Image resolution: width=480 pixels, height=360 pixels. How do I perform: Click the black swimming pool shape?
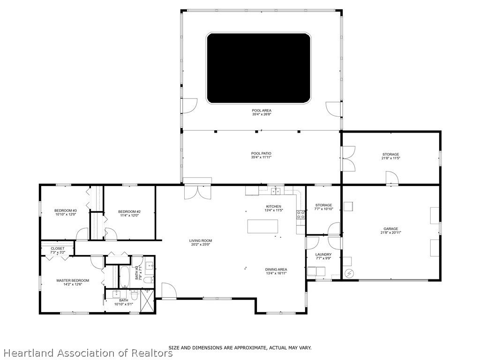click(x=258, y=68)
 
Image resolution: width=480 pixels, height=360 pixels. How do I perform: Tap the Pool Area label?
click(x=262, y=111)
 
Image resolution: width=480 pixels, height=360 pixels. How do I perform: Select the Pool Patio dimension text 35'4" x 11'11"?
click(x=262, y=157)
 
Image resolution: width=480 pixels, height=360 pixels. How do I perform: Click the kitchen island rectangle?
click(x=262, y=226)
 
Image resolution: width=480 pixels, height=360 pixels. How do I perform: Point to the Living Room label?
click(x=201, y=240)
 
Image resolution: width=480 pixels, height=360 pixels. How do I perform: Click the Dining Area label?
click(x=276, y=270)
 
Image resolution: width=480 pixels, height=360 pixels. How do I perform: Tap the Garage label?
click(x=391, y=229)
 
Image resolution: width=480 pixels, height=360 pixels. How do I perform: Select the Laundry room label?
click(x=323, y=255)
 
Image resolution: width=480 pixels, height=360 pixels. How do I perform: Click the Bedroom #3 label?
click(x=65, y=211)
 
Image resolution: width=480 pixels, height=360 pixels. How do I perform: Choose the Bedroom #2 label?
click(x=129, y=211)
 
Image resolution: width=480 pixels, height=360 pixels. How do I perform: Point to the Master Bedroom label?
click(x=73, y=281)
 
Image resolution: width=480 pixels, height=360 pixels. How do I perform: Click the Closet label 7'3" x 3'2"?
click(x=58, y=248)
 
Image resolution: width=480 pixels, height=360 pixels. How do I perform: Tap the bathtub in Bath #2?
click(x=124, y=277)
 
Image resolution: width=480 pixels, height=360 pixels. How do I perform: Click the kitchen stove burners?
click(x=300, y=215)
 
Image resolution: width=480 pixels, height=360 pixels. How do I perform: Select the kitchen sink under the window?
click(x=277, y=191)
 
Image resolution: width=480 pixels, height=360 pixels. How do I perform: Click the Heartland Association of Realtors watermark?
click(x=87, y=352)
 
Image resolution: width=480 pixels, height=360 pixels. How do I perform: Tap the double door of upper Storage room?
click(x=348, y=158)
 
